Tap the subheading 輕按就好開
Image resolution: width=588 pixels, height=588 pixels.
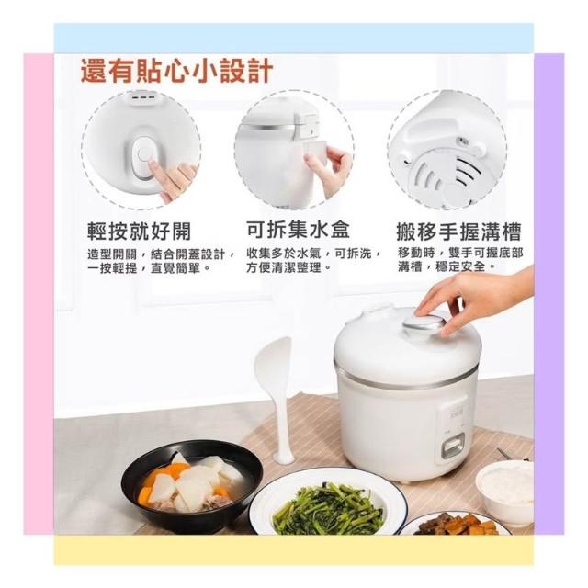coord(140,231)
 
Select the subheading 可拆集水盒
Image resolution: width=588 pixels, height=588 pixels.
coord(298,229)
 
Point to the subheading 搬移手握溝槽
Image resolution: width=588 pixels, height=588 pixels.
coord(459,232)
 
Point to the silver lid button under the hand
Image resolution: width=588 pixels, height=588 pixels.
coord(424,322)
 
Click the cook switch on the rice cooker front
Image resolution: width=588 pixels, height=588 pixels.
coord(453,445)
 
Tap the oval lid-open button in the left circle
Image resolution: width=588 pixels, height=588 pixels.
coord(145,157)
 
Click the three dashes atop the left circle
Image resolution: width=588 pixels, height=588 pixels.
coord(142,98)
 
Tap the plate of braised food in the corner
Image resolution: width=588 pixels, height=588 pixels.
coord(458,523)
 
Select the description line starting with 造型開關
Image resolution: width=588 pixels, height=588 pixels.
coord(162,254)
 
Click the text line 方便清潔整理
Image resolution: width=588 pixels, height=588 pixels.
coord(289,267)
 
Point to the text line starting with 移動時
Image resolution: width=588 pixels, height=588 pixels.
coord(460,254)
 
